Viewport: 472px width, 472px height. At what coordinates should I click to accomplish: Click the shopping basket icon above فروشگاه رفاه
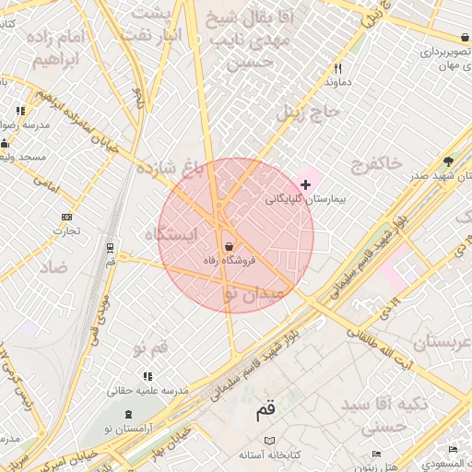pos(228,245)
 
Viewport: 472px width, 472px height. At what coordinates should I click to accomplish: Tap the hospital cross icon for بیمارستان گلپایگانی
pos(306,185)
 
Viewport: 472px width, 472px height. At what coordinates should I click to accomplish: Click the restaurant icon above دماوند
pos(338,68)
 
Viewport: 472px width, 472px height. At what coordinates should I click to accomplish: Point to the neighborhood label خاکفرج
pos(377,163)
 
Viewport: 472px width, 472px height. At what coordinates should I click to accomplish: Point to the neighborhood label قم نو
pos(151,348)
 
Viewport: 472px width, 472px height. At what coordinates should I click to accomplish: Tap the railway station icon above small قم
pos(111,247)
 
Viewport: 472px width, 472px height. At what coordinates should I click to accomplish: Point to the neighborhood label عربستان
pos(441,343)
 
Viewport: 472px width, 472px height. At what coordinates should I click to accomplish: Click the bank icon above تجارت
pos(65,217)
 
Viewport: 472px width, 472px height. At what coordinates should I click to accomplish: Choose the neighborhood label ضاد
pos(53,267)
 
